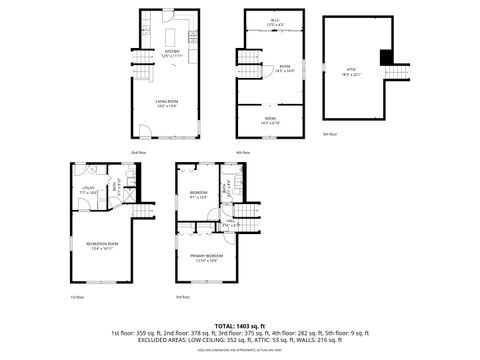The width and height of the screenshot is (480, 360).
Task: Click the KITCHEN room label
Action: tap(171, 53)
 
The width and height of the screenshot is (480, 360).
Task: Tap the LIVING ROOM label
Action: tap(166, 103)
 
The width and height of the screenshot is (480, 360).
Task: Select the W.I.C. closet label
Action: tap(275, 21)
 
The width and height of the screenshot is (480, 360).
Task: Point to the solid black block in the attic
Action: tap(385, 56)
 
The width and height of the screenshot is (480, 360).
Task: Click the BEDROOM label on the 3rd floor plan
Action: tap(199, 193)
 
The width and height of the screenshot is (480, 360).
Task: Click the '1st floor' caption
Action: tap(76, 296)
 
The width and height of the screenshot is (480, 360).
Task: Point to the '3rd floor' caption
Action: tap(182, 297)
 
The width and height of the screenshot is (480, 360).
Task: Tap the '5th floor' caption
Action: tap(329, 133)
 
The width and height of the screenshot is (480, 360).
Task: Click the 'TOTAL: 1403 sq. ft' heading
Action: tap(240, 325)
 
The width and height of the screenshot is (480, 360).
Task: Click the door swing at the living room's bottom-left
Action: tap(146, 129)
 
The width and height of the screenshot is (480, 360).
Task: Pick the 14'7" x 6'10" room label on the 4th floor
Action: tap(270, 119)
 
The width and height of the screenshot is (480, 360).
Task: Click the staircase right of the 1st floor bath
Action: tap(146, 213)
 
